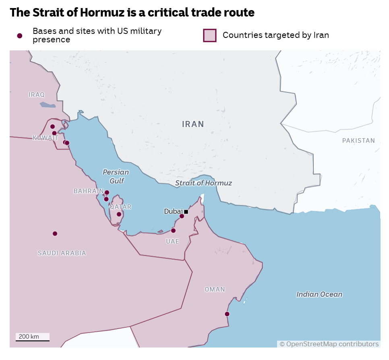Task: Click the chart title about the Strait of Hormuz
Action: pyautogui.click(x=132, y=12)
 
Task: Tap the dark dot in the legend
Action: pyautogui.click(x=19, y=36)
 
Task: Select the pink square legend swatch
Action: pyautogui.click(x=210, y=35)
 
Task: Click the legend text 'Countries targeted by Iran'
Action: pyautogui.click(x=275, y=35)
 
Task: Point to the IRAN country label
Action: pyautogui.click(x=193, y=124)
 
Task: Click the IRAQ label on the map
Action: pyautogui.click(x=37, y=95)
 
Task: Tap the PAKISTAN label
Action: pyautogui.click(x=358, y=141)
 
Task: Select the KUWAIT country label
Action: pyautogui.click(x=46, y=138)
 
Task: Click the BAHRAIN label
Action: pyautogui.click(x=89, y=191)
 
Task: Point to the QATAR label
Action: pyautogui.click(x=120, y=207)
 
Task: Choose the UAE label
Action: pyautogui.click(x=173, y=241)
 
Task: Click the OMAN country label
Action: pyautogui.click(x=215, y=289)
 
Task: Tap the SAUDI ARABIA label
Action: pyautogui.click(x=62, y=253)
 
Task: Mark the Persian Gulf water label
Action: pyautogui.click(x=116, y=177)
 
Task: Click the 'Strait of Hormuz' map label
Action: pyautogui.click(x=203, y=183)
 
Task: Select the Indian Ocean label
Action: pyautogui.click(x=319, y=294)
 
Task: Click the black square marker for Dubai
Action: pyautogui.click(x=186, y=212)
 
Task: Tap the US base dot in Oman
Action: pyautogui.click(x=227, y=314)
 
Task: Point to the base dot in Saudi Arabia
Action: pyautogui.click(x=55, y=233)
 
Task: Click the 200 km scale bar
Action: pyautogui.click(x=33, y=337)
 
